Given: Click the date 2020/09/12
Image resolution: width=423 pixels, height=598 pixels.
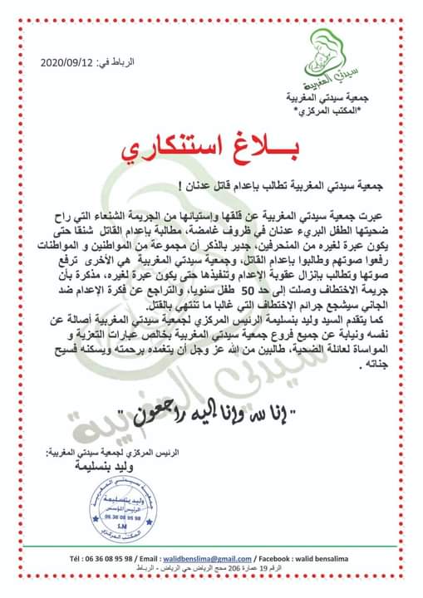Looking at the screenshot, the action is tap(67, 63).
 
